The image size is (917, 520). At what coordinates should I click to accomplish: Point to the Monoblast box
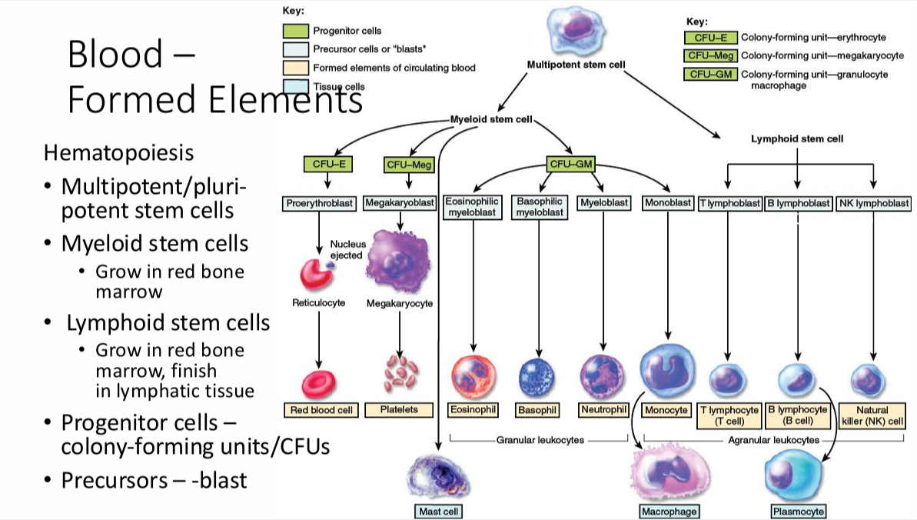pos(667,203)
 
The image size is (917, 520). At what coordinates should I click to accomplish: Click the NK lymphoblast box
pos(873,203)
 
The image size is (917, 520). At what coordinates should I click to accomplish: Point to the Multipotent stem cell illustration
pos(574,29)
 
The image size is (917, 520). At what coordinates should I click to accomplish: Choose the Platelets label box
pos(399,409)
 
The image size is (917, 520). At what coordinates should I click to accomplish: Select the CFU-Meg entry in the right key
pos(711,55)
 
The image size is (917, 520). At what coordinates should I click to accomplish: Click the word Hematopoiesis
pos(118,152)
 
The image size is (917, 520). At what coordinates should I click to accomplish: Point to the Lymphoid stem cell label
pos(796,139)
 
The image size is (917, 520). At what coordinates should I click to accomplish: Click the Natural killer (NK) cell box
pos(873,415)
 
